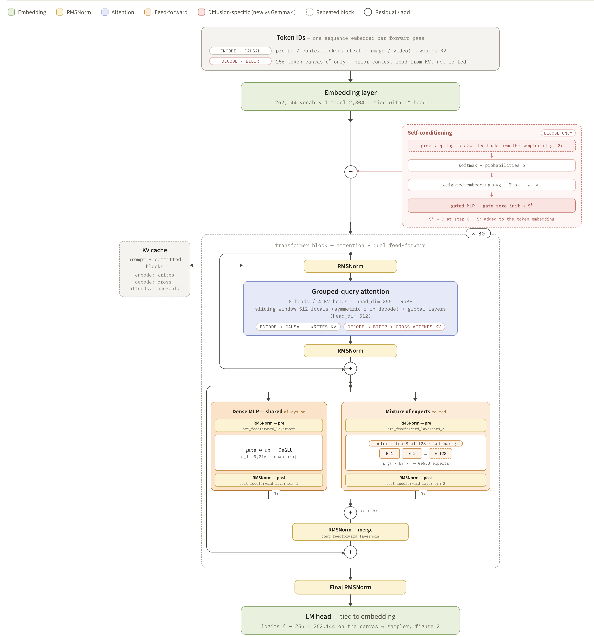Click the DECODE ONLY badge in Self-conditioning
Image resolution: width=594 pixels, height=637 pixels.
558,133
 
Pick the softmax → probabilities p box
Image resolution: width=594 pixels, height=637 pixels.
492,165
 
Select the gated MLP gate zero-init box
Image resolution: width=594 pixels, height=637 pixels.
492,206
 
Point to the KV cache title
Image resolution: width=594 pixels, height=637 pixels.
155,250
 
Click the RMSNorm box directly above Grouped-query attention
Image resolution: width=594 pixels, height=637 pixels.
350,266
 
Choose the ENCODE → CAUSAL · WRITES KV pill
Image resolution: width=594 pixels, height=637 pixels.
298,327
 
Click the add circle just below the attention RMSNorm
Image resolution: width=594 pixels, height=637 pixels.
350,369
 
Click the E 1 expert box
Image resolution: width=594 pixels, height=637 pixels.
389,453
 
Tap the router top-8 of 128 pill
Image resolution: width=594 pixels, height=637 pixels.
415,443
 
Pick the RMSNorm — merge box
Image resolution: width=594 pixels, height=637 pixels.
350,532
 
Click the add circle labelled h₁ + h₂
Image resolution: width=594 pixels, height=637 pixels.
350,513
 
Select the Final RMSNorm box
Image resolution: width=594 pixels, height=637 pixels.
350,587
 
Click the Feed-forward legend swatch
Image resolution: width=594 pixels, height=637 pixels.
148,12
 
